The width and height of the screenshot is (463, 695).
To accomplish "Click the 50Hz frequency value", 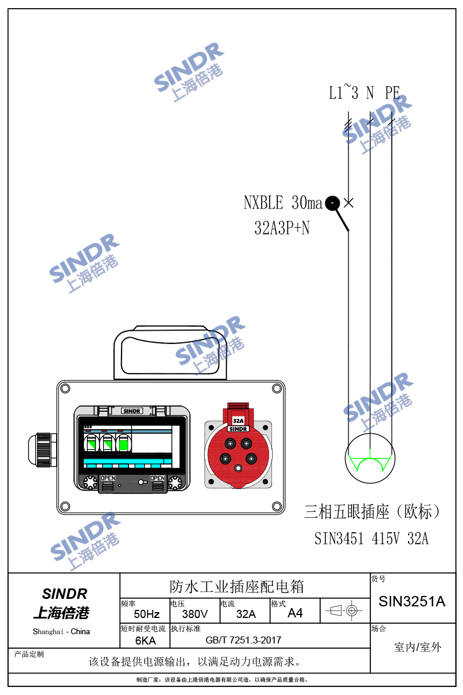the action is click(146, 614).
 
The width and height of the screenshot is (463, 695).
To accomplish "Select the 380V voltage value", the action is click(195, 614).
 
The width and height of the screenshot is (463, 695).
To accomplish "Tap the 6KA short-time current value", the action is click(145, 641).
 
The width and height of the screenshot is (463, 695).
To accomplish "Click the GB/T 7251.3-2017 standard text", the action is click(244, 640).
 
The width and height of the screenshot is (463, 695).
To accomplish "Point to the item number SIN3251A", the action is click(412, 601).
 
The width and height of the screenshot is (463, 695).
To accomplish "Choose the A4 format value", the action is click(295, 613).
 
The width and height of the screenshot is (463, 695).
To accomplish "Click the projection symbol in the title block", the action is click(344, 610).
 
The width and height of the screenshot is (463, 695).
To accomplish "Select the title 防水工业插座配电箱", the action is click(237, 587).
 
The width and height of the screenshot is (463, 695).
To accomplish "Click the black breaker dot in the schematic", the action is click(332, 203).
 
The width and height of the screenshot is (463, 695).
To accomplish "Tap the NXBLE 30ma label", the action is click(283, 203).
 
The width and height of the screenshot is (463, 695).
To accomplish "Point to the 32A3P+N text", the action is click(282, 228).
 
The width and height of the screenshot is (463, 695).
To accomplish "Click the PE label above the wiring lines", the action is click(392, 93).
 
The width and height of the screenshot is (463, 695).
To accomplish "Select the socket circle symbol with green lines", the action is click(370, 458).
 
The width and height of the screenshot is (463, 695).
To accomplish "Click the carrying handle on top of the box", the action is click(170, 353).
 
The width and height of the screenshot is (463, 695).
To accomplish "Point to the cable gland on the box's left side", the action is click(42, 449).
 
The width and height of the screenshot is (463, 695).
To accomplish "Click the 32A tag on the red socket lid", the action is click(238, 420).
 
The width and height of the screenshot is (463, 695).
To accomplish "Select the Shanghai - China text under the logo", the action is click(61, 631).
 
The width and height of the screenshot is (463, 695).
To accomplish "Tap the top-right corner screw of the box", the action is click(277, 388).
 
